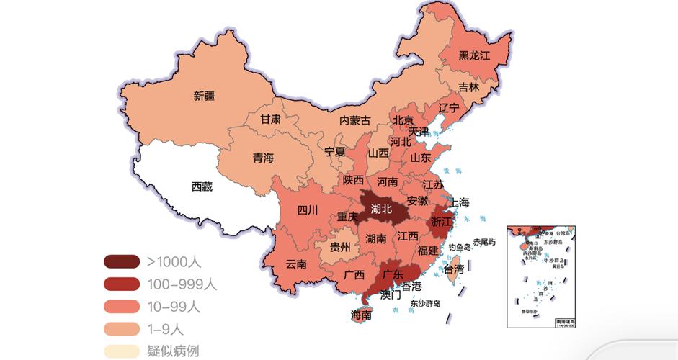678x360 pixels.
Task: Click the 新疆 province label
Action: click(x=204, y=95)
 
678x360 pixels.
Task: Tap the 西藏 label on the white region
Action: click(x=202, y=186)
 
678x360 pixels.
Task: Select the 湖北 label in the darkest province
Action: click(x=381, y=210)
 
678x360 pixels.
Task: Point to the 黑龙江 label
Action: click(x=473, y=55)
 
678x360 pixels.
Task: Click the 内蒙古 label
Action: click(x=355, y=121)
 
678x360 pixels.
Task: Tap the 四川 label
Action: click(x=308, y=210)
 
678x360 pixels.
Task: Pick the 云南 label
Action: click(x=296, y=264)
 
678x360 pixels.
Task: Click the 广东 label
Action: click(x=393, y=274)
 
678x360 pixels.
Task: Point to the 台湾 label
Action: click(x=454, y=271)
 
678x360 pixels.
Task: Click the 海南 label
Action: click(x=361, y=315)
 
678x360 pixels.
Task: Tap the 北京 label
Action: click(x=403, y=120)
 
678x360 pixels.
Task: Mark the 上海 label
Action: click(x=459, y=202)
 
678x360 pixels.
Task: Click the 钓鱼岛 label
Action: click(x=459, y=247)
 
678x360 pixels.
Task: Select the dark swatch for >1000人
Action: click(x=121, y=261)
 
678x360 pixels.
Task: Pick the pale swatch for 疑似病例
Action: click(x=121, y=352)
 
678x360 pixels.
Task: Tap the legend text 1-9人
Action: click(x=165, y=329)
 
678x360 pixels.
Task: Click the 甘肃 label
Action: click(x=271, y=120)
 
